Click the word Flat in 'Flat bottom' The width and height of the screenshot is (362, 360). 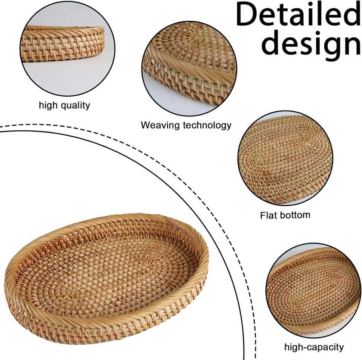tap(268, 215)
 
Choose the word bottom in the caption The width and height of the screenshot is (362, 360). tap(296, 215)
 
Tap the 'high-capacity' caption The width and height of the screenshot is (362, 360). tap(314, 347)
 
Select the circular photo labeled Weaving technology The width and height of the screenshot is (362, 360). tap(189, 68)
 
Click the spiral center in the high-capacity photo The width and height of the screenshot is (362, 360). tap(317, 286)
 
